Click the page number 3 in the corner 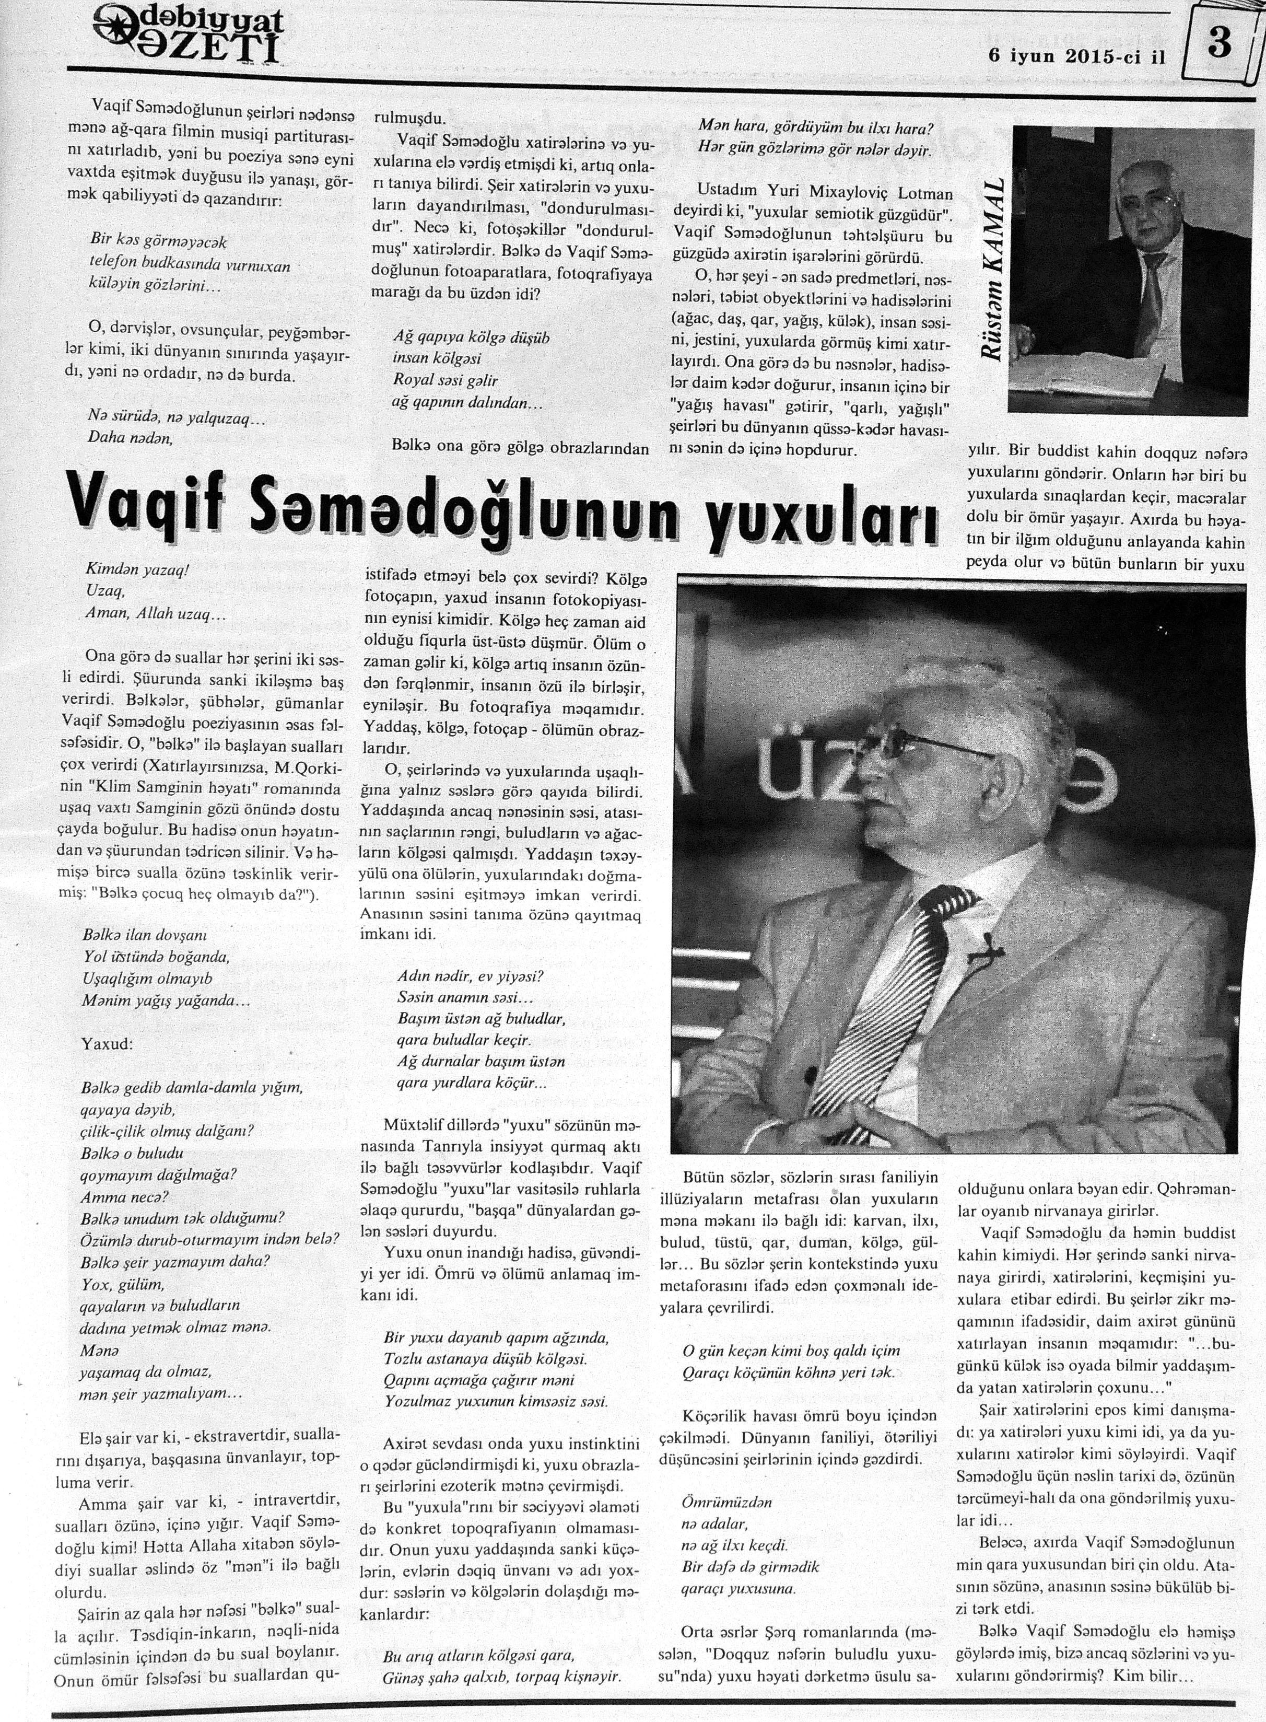tap(1218, 43)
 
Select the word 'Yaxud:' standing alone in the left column tap(107, 1044)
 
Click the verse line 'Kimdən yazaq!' tap(138, 571)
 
